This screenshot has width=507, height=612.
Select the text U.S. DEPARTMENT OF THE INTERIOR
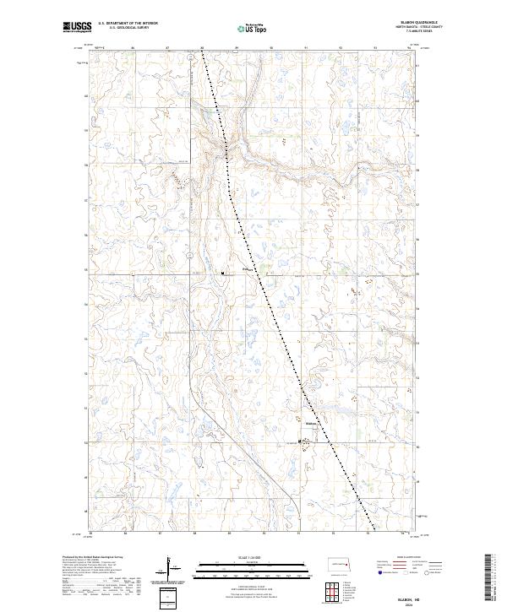pyautogui.click(x=128, y=24)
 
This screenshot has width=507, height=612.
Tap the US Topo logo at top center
pyautogui.click(x=254, y=27)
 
